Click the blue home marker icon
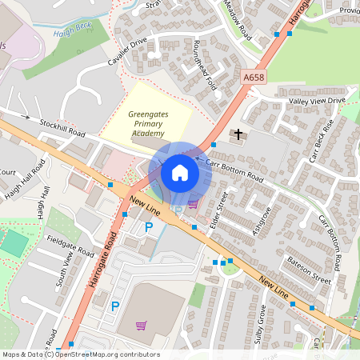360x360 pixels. [180, 173]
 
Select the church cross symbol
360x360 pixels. [238, 134]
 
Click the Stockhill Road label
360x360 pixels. [62, 126]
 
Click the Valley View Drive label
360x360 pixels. [318, 101]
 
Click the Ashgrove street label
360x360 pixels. [261, 214]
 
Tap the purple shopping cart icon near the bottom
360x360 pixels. [142, 326]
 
